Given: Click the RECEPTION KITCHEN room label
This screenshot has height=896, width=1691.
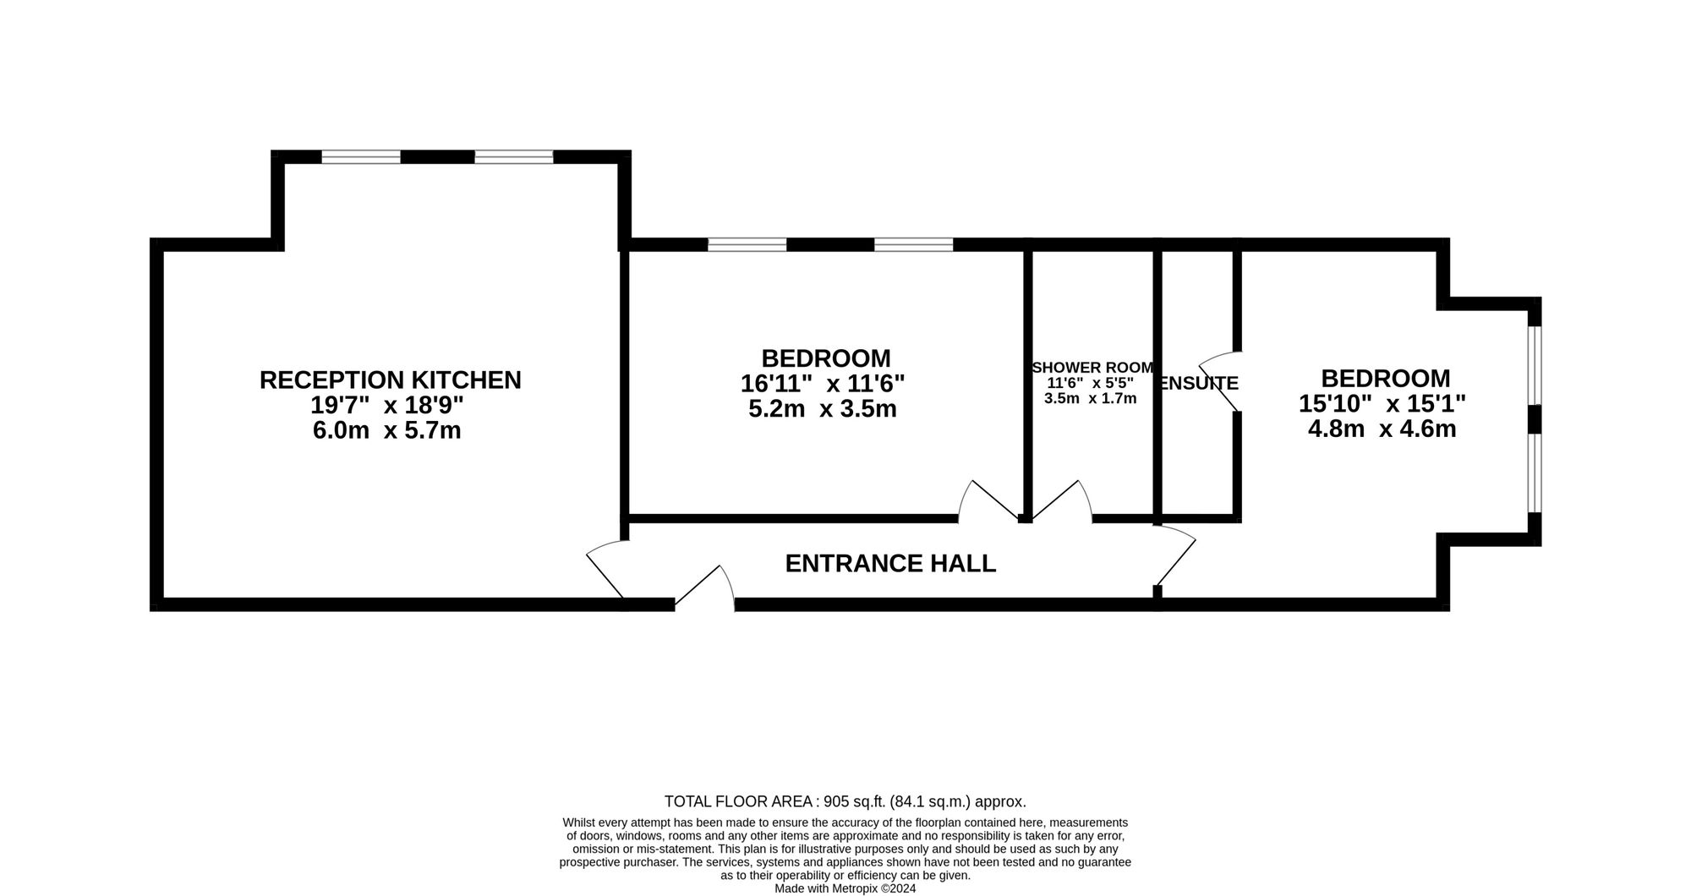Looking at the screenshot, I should pyautogui.click(x=390, y=380).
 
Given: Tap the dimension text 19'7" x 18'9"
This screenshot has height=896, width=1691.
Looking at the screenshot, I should pyautogui.click(x=386, y=406).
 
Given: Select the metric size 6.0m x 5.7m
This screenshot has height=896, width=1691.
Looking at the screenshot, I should pyautogui.click(x=386, y=431).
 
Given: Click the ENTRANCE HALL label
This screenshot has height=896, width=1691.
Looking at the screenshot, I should pyautogui.click(x=890, y=564).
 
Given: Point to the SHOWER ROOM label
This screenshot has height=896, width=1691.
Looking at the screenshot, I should pyautogui.click(x=1092, y=368).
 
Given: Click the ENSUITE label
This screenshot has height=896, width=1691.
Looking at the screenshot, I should pyautogui.click(x=1199, y=384).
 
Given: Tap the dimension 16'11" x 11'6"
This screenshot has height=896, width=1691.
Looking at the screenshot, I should pyautogui.click(x=823, y=385).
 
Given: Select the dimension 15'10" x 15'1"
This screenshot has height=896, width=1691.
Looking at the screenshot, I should pyautogui.click(x=1382, y=403).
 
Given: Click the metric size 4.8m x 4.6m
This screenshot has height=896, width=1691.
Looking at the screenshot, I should pyautogui.click(x=1382, y=429).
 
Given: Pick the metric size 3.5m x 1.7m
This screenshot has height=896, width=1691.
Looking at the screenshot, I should pyautogui.click(x=1090, y=399).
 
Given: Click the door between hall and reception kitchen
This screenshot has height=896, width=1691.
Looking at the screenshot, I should pyautogui.click(x=605, y=569).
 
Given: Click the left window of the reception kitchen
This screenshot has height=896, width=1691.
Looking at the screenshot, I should pyautogui.click(x=361, y=156).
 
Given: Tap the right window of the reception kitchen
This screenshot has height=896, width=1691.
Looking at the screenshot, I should pyautogui.click(x=514, y=156).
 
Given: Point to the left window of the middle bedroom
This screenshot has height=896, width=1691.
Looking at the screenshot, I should pyautogui.click(x=747, y=245).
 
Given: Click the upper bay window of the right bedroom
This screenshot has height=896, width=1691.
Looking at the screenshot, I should pyautogui.click(x=1535, y=365).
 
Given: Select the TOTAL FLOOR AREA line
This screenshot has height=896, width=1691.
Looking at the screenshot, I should pyautogui.click(x=845, y=801).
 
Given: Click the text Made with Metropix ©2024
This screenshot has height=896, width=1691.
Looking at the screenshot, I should pyautogui.click(x=845, y=888).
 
